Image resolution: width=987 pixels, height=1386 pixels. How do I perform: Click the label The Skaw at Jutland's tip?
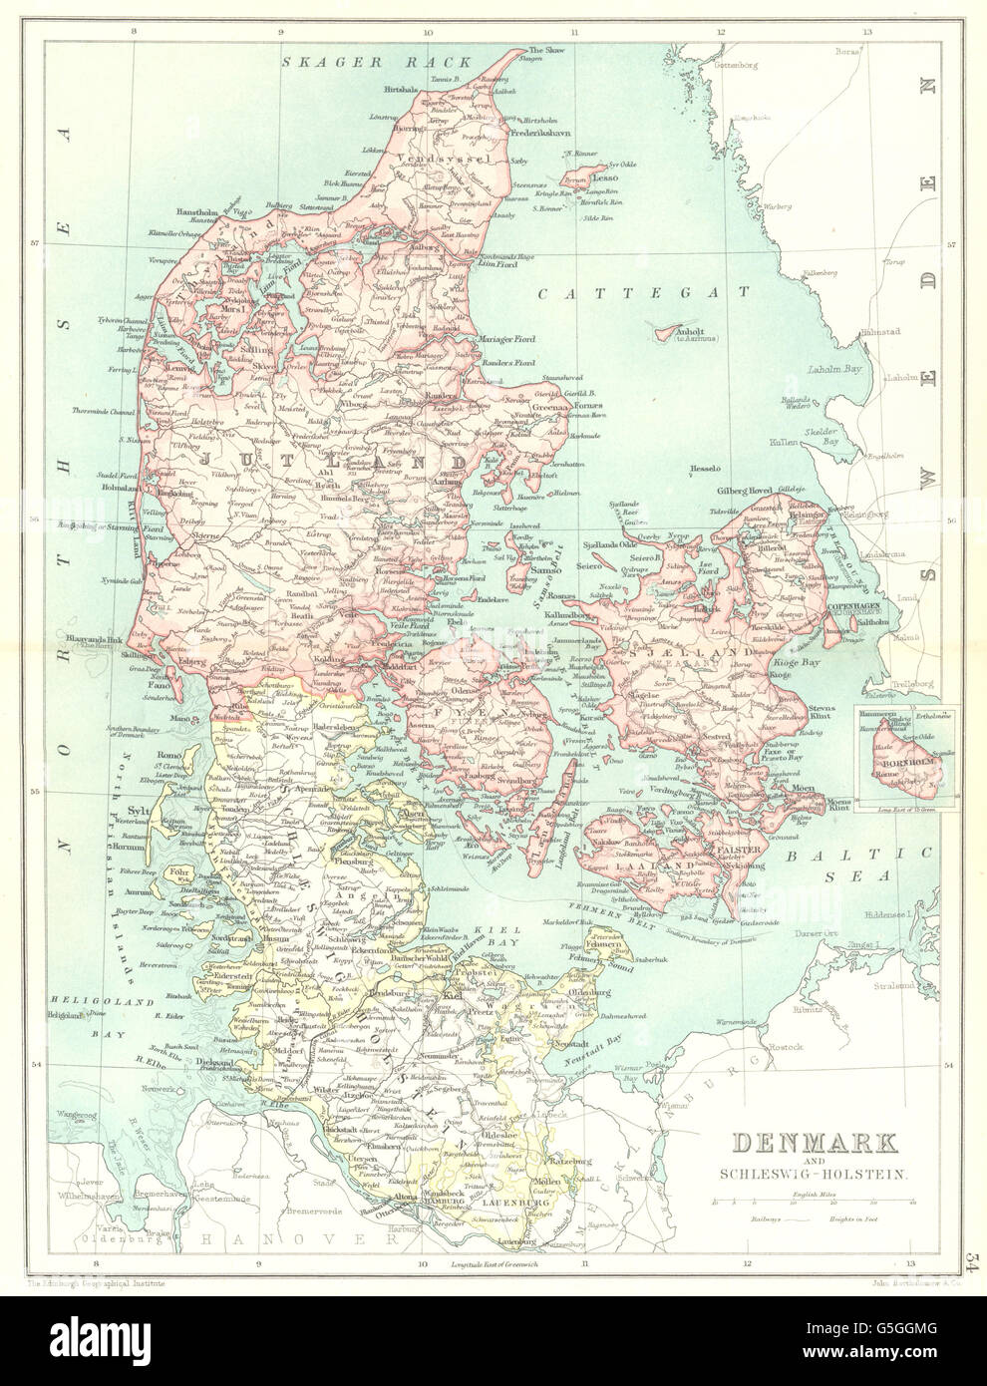point(547,50)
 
